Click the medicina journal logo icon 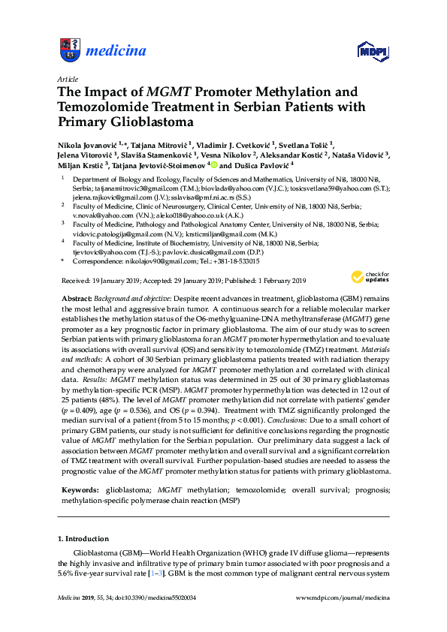pos(68,52)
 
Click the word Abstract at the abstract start pos(77,299)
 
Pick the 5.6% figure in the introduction pos(67,574)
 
